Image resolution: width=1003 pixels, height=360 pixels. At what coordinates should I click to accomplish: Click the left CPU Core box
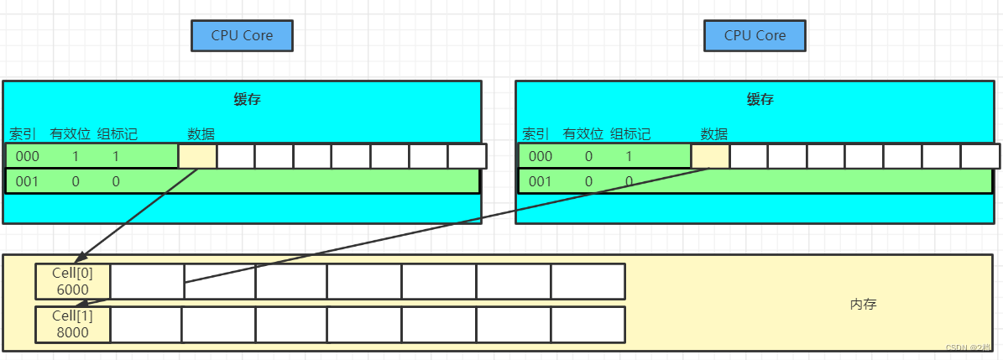click(242, 35)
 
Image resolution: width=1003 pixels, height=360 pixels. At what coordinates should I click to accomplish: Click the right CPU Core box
click(755, 35)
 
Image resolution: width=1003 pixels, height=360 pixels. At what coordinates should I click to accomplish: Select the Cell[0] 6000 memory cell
click(73, 281)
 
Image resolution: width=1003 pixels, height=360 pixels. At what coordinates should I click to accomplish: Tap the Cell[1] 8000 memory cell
click(73, 324)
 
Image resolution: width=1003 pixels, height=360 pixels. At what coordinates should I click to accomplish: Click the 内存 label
click(863, 305)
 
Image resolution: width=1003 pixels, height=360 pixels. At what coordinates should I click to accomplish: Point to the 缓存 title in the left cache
click(247, 99)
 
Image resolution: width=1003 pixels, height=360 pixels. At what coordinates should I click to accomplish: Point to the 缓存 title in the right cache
click(760, 99)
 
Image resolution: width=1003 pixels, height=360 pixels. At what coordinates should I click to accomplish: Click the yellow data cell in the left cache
click(197, 156)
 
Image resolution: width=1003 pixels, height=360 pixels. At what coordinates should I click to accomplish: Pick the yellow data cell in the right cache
click(710, 156)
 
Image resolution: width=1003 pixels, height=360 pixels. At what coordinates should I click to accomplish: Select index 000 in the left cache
click(28, 156)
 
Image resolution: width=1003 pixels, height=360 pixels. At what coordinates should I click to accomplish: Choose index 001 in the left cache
click(28, 181)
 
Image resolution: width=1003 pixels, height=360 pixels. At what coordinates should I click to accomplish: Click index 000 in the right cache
click(541, 156)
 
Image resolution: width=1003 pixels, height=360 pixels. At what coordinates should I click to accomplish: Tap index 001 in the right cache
click(541, 181)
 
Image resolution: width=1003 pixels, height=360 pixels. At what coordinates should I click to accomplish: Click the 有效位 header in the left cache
click(71, 133)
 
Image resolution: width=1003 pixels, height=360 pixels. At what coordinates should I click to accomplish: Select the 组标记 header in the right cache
click(629, 133)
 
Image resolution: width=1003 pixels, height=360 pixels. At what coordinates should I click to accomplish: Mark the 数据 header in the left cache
click(201, 133)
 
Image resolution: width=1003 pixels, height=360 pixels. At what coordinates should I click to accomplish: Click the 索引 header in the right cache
click(535, 133)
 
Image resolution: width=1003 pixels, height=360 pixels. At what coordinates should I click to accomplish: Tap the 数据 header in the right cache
click(713, 133)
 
